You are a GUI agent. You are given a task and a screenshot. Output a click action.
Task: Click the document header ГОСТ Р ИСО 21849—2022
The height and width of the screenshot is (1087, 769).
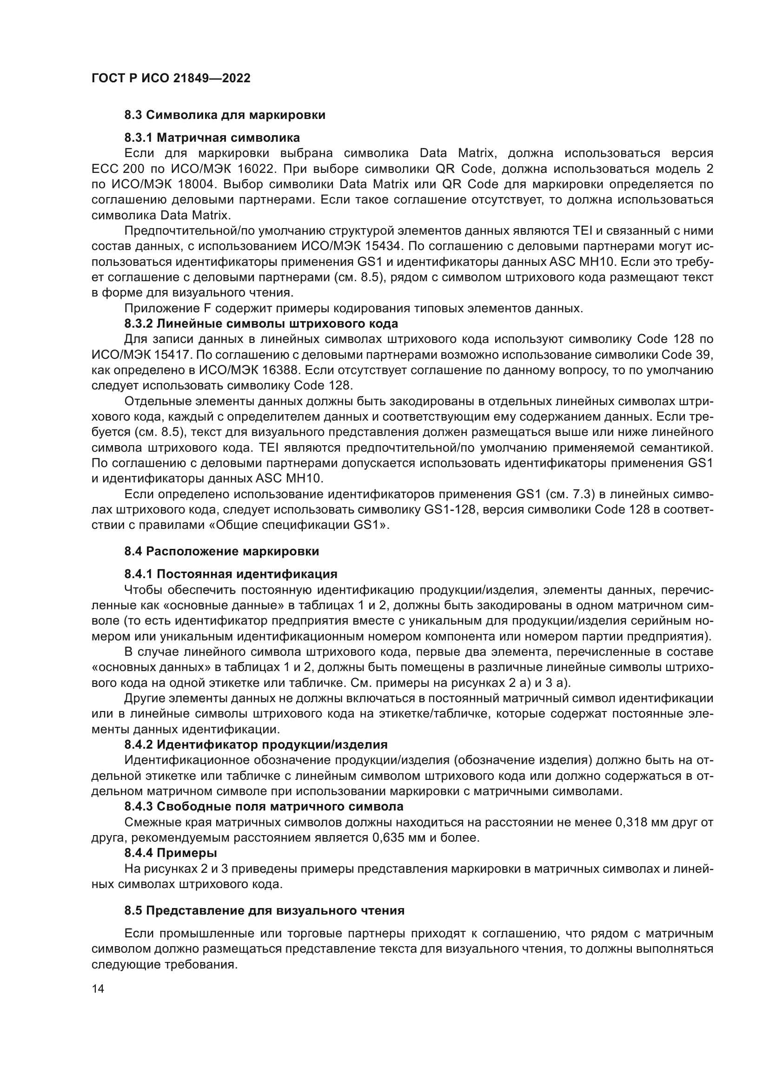pos(171,78)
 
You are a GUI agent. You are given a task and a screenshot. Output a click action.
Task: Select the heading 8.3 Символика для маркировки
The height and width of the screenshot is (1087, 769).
pos(225,115)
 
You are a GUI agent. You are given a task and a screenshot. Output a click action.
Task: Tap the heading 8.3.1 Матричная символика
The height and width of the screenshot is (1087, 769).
pos(212,138)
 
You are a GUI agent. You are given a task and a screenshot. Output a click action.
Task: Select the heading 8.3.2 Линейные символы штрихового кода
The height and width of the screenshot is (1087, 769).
pos(261,324)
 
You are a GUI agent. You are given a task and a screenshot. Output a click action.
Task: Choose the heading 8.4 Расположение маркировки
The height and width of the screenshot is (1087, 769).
pos(222,551)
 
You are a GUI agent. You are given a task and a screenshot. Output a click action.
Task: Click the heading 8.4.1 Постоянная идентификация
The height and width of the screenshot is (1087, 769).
pos(231,574)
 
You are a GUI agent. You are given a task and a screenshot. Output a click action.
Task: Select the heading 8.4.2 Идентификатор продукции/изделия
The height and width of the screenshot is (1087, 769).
pos(256,744)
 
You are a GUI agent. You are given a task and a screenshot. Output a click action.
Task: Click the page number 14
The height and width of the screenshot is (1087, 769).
pos(98,988)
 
